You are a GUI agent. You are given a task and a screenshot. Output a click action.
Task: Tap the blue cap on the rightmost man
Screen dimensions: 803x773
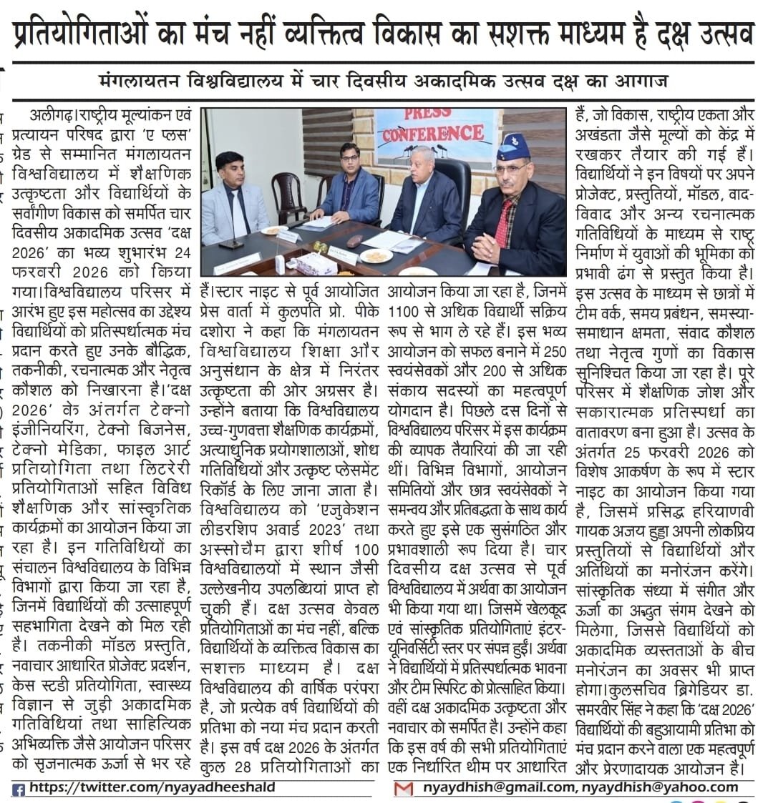coord(512,147)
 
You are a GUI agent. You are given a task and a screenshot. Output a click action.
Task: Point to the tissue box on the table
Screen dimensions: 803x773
coord(315,263)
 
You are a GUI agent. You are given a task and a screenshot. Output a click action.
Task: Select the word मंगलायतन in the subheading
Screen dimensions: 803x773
coord(142,80)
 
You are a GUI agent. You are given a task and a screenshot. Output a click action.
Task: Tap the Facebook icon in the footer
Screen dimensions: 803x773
coord(19,789)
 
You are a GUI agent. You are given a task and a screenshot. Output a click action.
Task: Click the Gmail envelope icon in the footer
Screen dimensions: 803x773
coord(404,789)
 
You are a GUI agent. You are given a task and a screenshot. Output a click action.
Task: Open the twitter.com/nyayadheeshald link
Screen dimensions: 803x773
coord(152,787)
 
